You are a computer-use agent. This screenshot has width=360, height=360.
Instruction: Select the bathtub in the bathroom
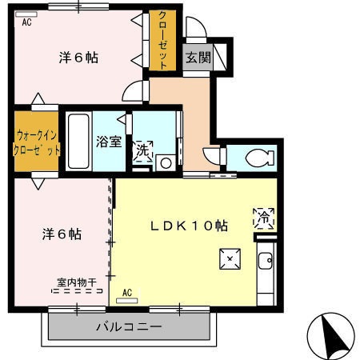click(x=78, y=142)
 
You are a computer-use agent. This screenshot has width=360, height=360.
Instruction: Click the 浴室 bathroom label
click(x=109, y=142)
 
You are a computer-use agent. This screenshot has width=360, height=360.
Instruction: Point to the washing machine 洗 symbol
click(x=142, y=150)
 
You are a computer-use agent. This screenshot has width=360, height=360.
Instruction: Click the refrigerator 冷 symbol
click(x=264, y=216)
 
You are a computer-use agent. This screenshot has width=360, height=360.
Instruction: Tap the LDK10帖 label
click(x=190, y=226)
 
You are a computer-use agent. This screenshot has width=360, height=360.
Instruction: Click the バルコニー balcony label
click(x=129, y=327)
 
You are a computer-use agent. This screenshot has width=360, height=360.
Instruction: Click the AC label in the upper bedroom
click(x=26, y=22)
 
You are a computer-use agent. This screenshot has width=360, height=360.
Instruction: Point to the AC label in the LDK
click(x=127, y=294)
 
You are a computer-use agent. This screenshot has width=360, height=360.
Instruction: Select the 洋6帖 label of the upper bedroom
click(x=78, y=58)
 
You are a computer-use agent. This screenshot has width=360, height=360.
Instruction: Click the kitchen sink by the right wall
click(x=266, y=261)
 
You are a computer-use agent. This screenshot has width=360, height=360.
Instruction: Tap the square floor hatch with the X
click(x=230, y=258)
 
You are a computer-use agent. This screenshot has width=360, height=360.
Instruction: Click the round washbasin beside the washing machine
click(x=166, y=163)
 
